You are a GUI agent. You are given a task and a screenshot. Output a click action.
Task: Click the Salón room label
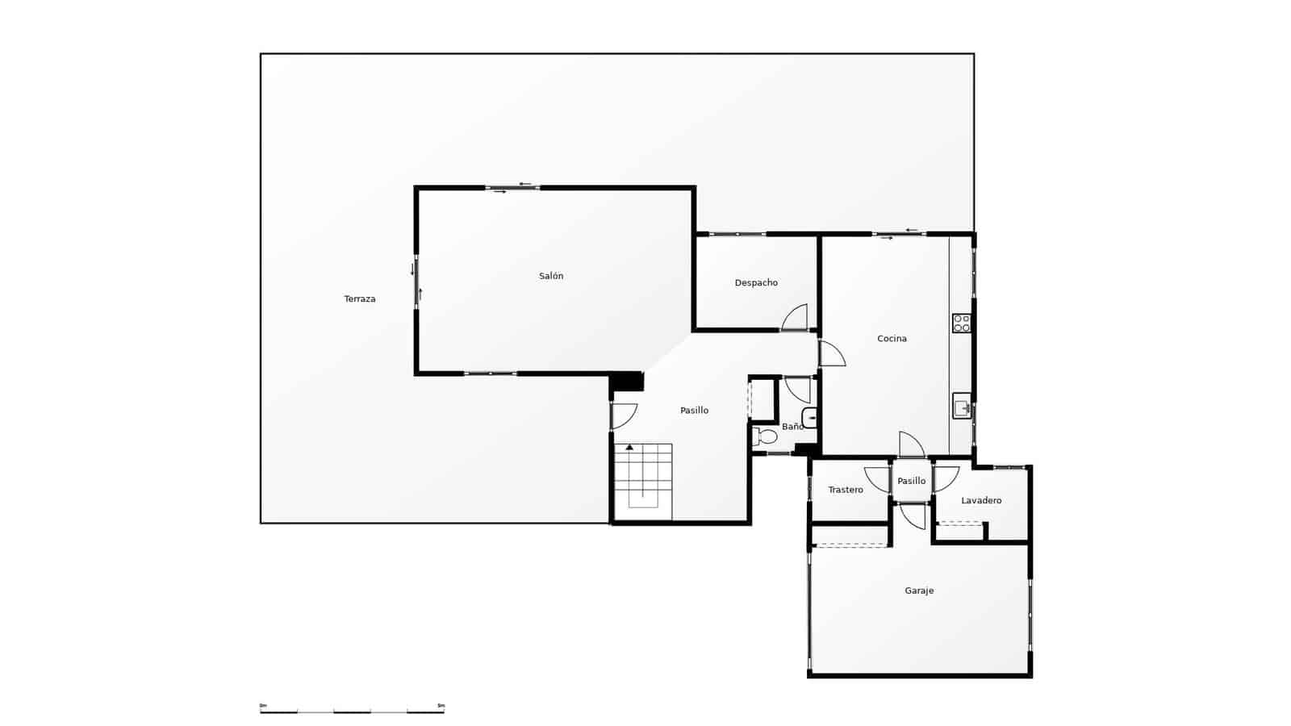tap(551, 276)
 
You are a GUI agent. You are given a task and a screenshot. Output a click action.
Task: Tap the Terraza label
tap(360, 299)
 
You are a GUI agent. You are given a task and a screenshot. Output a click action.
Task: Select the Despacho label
tap(756, 283)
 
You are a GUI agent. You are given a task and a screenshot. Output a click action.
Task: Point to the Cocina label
tap(892, 339)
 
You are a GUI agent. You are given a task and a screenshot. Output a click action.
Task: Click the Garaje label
tap(919, 591)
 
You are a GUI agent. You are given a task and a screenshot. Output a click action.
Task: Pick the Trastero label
tap(846, 490)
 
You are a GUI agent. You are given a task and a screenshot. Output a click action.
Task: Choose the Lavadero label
tap(981, 501)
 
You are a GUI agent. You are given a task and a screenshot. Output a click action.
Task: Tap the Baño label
tap(792, 427)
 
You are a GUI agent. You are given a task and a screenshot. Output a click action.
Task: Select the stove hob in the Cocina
tap(962, 323)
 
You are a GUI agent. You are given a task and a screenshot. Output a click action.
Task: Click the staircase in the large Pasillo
tap(643, 482)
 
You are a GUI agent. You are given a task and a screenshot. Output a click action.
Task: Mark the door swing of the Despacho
tap(796, 317)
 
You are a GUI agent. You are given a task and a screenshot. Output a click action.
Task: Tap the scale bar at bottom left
tap(352, 711)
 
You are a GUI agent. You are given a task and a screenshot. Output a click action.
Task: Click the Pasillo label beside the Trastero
tap(912, 482)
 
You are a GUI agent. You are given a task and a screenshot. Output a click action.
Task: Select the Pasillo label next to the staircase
tap(694, 411)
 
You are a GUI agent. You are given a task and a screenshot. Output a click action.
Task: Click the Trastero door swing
tap(877, 479)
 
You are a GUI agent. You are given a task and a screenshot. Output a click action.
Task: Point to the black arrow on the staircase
tap(629, 447)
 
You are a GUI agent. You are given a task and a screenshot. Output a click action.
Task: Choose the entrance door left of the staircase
tap(624, 415)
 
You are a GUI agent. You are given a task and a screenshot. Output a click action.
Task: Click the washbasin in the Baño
tap(810, 418)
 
